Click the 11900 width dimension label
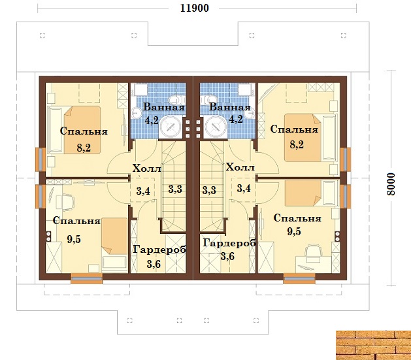(194, 8)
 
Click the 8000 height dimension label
(390, 184)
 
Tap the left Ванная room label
(164, 107)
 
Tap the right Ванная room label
(230, 107)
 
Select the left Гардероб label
(159, 249)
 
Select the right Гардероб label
(229, 243)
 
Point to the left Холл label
(146, 168)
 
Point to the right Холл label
(240, 167)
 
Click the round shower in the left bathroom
(171, 127)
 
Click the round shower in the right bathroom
(216, 127)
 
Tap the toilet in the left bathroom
(177, 99)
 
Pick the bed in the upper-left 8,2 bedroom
(82, 130)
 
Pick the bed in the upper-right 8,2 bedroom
(303, 138)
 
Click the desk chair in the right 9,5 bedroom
(314, 252)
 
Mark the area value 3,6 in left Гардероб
(154, 264)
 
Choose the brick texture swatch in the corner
(374, 345)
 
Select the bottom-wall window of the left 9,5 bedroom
(86, 278)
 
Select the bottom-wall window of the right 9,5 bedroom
(299, 278)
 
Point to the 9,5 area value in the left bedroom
(74, 239)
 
